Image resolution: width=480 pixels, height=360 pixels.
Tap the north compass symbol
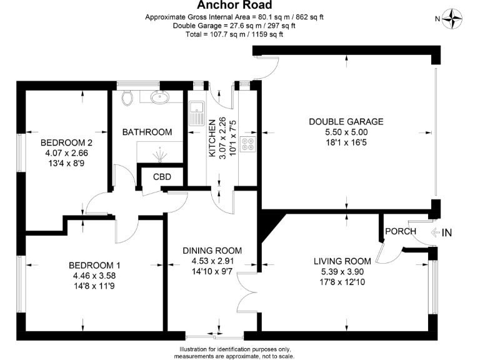click(454, 19)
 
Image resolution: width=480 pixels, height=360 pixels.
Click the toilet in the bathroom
click(128, 97)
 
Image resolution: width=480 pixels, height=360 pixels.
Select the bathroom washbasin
click(161, 97)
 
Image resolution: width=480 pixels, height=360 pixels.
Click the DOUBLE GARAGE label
click(346, 121)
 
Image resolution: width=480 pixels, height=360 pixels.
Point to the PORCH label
click(401, 232)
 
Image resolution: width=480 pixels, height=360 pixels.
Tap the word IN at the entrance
click(447, 233)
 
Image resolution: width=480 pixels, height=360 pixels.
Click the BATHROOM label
click(147, 132)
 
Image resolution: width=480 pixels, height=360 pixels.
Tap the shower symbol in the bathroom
click(160, 153)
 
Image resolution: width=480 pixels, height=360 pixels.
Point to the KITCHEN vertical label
click(212, 137)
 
